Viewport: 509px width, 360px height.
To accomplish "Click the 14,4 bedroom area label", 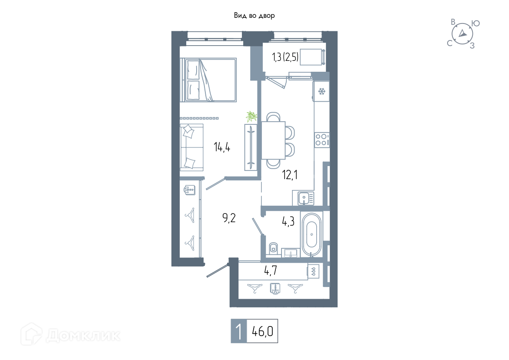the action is coord(222,147).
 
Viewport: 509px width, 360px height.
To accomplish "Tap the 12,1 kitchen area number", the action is coord(290,175).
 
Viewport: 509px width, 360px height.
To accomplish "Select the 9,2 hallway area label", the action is coord(229,218).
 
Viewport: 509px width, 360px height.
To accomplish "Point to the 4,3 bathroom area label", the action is coord(288,221).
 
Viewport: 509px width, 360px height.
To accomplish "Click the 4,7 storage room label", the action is coord(271,270).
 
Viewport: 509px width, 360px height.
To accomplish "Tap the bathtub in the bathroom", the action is coord(311,234).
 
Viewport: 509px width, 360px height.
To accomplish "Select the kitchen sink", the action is coord(304,197).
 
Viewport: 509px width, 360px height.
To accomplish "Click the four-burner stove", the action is coord(321,140).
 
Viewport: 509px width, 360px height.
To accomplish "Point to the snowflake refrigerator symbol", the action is coord(321,91).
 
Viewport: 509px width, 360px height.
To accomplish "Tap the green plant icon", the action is coord(251,116).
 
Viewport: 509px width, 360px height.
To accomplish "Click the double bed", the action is coord(208,80).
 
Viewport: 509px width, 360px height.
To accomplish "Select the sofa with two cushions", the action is coord(191,147).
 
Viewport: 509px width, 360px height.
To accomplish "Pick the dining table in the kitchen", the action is coord(273,140).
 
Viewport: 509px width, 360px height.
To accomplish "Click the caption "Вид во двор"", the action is coord(254,16).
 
